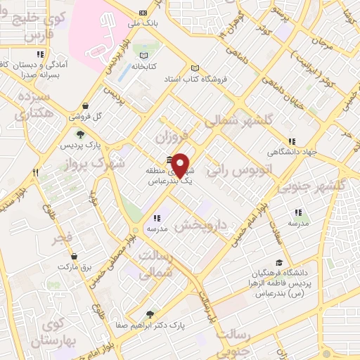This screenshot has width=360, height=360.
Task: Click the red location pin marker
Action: [181, 165]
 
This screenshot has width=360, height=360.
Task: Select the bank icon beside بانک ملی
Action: [144, 13]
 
